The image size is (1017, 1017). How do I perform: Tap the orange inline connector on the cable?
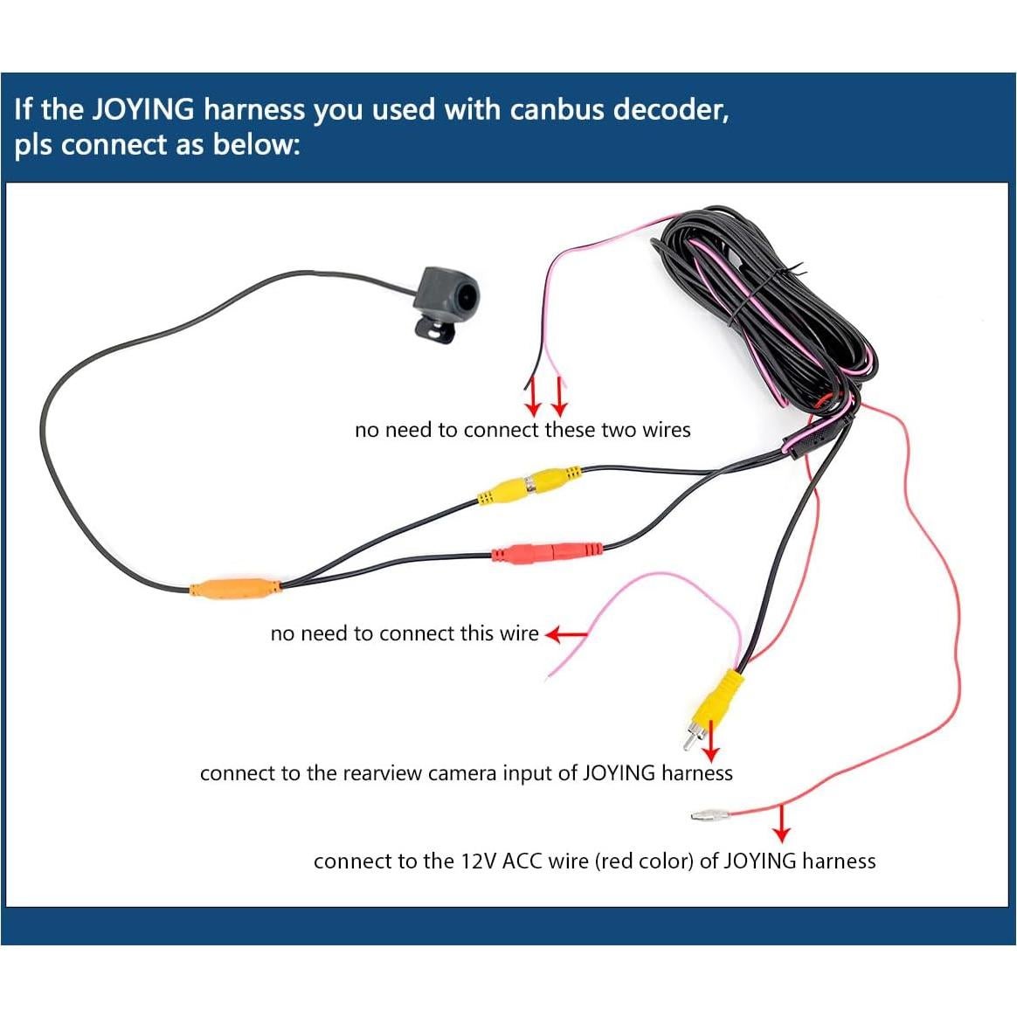click(235, 588)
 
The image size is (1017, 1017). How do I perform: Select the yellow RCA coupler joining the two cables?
click(529, 485)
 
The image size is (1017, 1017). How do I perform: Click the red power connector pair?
click(547, 552)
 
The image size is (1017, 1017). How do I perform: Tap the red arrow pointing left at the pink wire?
click(566, 634)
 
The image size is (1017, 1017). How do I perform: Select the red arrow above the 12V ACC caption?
click(782, 822)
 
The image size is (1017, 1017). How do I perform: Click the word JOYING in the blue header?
click(142, 109)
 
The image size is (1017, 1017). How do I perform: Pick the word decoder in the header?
click(671, 109)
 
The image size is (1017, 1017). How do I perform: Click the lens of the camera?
click(465, 299)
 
